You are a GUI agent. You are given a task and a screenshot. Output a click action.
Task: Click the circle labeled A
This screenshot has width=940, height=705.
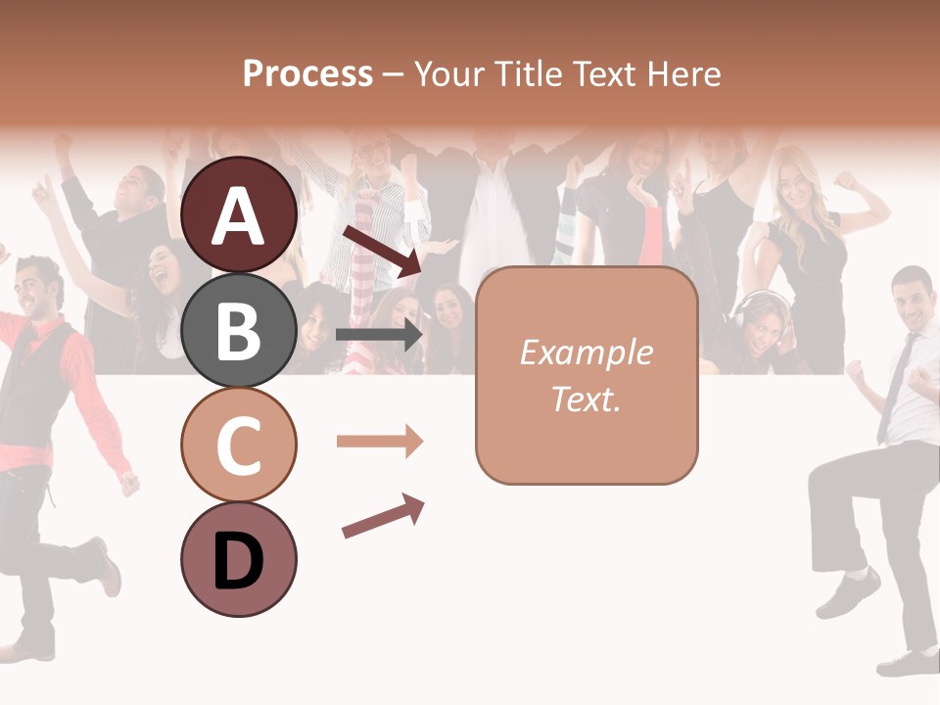(x=239, y=214)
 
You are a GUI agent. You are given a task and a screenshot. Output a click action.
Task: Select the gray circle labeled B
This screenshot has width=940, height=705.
(x=239, y=330)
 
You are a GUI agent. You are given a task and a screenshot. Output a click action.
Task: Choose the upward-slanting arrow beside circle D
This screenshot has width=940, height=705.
(x=383, y=516)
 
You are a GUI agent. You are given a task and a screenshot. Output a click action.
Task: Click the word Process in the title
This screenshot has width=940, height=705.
(x=307, y=73)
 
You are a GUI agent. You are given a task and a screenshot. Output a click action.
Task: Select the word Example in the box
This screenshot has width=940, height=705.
(x=586, y=352)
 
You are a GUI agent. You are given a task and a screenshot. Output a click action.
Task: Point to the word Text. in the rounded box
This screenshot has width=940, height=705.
(x=586, y=399)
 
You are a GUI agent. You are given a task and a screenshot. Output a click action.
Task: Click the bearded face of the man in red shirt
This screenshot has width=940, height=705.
(x=41, y=289)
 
